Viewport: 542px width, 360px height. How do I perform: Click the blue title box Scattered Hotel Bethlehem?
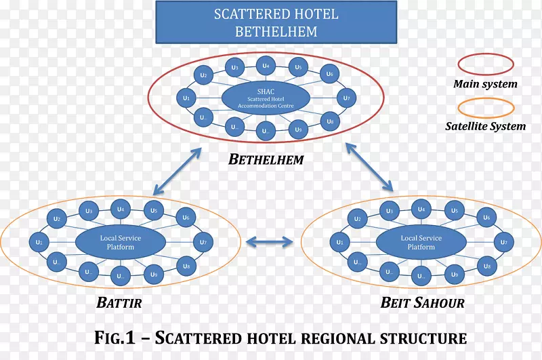pos(275,22)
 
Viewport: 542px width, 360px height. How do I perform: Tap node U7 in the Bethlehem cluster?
pos(346,98)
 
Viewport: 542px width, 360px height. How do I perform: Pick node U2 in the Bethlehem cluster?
pos(203,76)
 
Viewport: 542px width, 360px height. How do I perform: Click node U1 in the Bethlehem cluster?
pos(186,99)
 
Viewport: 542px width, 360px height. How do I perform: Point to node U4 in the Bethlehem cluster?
pos(266,66)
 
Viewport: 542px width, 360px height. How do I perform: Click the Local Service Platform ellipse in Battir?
pos(120,242)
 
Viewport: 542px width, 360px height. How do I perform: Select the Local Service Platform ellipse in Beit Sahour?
pos(421,242)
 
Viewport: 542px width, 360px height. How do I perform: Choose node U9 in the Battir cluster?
pos(154,275)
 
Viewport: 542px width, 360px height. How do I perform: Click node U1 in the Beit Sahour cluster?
pos(339,242)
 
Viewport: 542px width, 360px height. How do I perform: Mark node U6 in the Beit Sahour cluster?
pos(486,218)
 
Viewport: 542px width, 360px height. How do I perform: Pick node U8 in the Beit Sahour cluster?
pos(486,267)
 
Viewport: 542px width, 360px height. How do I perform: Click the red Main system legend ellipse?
pos(486,64)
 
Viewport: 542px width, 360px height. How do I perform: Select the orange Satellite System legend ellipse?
pos(486,107)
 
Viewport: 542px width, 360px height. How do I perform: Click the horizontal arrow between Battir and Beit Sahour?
pos(269,241)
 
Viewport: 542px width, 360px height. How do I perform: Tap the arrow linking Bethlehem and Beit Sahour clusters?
pos(370,166)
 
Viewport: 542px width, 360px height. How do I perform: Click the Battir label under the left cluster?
pos(119,303)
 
